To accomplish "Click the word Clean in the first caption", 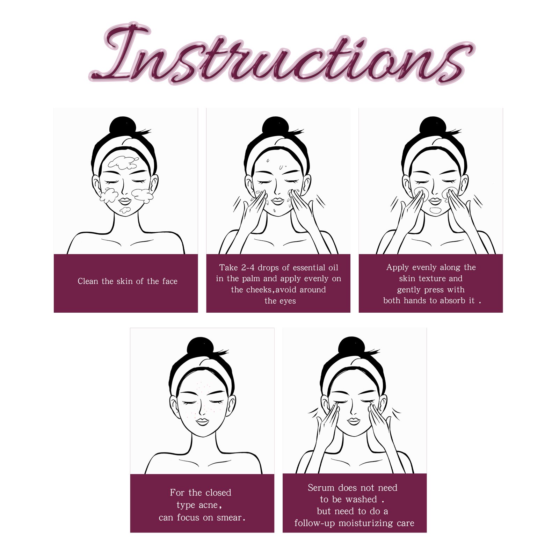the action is (88, 281).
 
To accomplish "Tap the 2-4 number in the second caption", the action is (248, 268).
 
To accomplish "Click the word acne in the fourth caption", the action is (208, 505).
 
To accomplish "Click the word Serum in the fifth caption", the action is (319, 488).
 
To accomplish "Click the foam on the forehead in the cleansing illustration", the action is (122, 162).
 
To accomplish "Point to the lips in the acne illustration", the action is (202, 422).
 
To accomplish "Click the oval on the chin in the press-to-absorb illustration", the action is (435, 210).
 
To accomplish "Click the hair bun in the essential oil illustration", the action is (275, 126).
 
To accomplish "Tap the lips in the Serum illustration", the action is (353, 421).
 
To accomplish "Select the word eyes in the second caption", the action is (288, 301).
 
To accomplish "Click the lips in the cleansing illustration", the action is (125, 201).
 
